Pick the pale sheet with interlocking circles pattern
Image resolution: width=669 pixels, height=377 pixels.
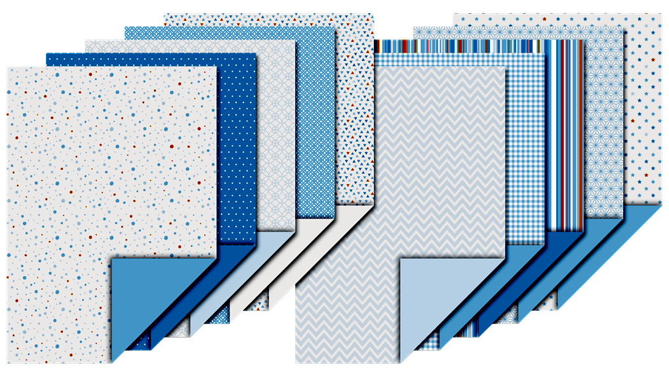click(x=275, y=131)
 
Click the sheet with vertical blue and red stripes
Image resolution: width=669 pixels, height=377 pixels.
click(x=564, y=131)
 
